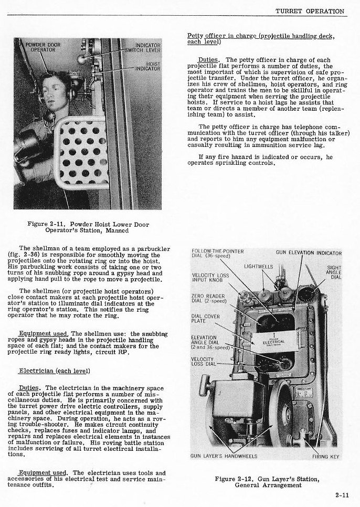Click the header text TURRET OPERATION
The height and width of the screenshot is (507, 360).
coord(310,10)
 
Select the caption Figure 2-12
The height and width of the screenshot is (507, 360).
coord(267,482)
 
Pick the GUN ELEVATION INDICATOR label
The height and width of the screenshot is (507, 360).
coord(309,253)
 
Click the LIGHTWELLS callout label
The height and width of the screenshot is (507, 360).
coord(258,267)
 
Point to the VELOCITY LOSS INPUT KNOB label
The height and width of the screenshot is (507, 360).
coord(210,278)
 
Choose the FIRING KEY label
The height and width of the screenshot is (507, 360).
coord(327,457)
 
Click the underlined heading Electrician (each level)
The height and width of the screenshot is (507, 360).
coord(52,371)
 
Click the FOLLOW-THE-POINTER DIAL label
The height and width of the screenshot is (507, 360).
coord(218,253)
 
